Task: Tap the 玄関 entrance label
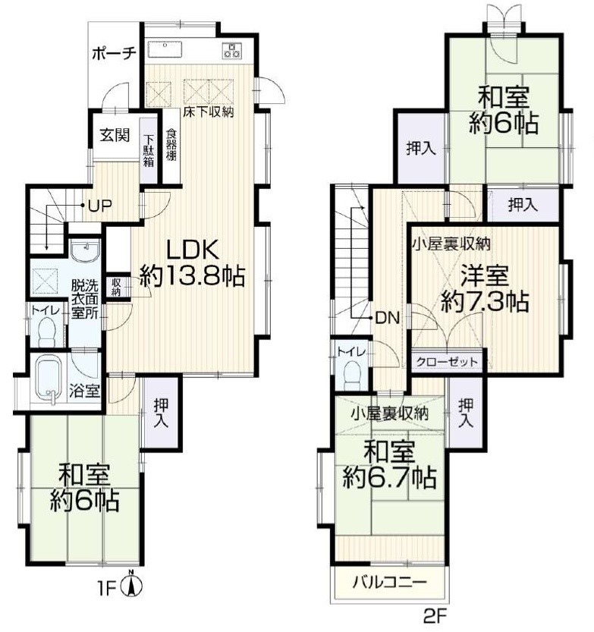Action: point(115,136)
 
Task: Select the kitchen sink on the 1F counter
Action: point(166,49)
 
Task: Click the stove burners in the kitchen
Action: point(231,50)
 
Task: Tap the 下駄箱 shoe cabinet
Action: point(149,150)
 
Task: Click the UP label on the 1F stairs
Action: point(99,205)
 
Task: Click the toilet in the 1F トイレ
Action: point(47,330)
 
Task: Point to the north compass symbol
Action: point(134,584)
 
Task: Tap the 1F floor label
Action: point(112,586)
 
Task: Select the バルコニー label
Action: point(389,583)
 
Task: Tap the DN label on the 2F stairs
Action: point(383,317)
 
